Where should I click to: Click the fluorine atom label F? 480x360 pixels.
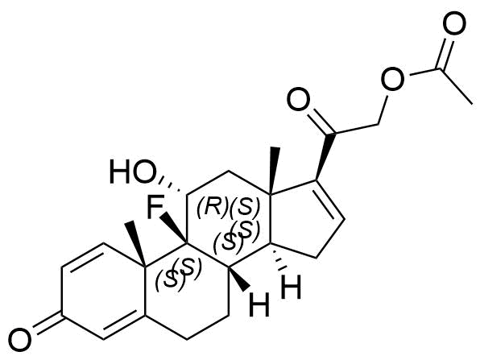click(155, 208)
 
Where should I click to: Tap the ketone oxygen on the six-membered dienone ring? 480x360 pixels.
click(20, 341)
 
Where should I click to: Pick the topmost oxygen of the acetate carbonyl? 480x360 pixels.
click(454, 23)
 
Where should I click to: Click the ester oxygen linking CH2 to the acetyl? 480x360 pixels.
click(392, 79)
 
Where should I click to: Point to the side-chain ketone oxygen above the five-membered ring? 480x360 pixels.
click(299, 99)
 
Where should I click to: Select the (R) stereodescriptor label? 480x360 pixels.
click(213, 208)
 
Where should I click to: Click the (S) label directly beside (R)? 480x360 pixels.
click(245, 208)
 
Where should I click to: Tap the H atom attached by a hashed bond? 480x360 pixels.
click(291, 288)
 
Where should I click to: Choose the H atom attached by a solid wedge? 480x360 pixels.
click(260, 304)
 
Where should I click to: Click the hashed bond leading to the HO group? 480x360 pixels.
click(172, 186)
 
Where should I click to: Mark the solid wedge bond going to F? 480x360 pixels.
click(173, 227)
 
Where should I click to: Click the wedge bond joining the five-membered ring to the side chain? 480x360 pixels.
click(325, 157)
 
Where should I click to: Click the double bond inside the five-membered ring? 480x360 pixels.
click(331, 201)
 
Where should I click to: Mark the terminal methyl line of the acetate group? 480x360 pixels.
click(458, 86)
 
